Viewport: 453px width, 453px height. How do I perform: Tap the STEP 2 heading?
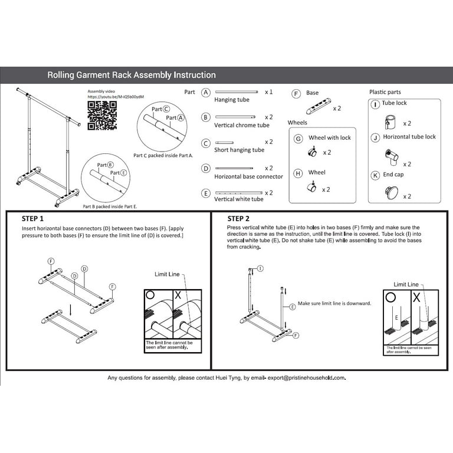(242, 218)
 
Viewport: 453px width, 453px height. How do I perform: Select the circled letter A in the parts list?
(205, 93)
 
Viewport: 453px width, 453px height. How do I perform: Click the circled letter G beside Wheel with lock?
(298, 138)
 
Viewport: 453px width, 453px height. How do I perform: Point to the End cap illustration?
(391, 192)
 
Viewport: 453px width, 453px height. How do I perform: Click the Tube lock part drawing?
(390, 122)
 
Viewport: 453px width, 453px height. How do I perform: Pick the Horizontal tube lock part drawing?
(391, 157)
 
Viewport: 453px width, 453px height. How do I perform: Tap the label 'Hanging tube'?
(231, 100)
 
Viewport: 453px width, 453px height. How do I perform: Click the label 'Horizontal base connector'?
(248, 176)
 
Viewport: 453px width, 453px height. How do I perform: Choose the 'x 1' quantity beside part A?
(268, 92)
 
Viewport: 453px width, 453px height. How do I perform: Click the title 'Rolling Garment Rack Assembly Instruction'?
(131, 75)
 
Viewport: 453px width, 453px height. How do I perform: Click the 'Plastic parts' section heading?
(385, 92)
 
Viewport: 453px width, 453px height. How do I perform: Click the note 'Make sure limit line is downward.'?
(334, 303)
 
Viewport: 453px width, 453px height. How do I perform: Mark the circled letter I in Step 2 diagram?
(261, 268)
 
